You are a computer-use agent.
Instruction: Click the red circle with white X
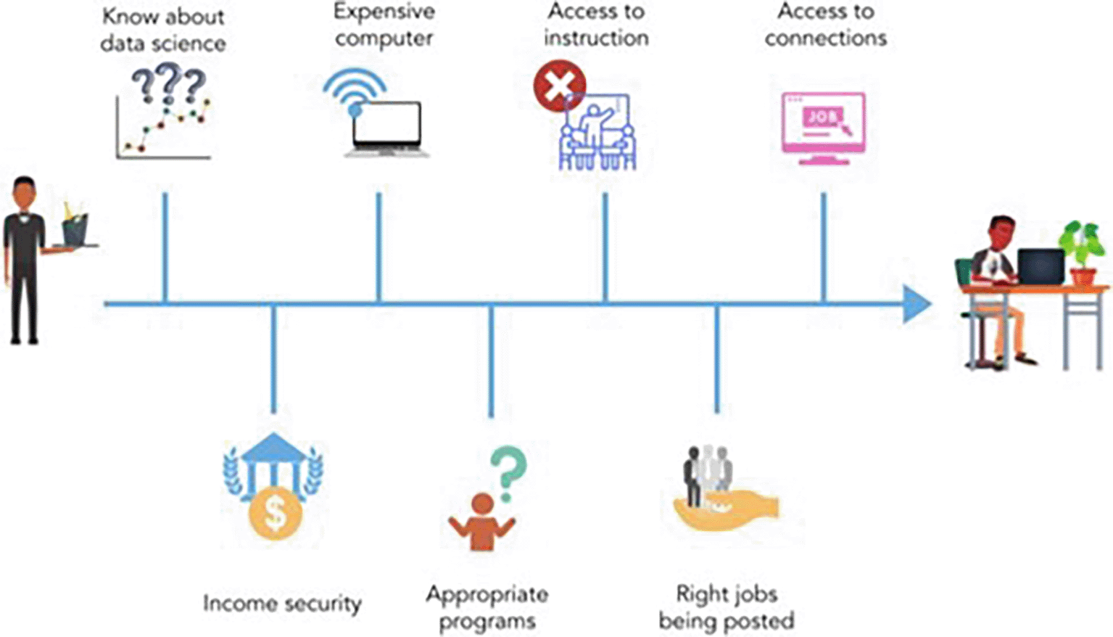(559, 86)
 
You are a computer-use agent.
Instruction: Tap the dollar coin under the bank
(275, 512)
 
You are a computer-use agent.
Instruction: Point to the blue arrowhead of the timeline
(917, 304)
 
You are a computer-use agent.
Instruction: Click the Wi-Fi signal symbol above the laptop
(355, 90)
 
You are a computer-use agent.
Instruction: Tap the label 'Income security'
(282, 604)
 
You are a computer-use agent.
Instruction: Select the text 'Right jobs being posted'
(727, 607)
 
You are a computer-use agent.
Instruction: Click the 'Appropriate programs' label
(487, 607)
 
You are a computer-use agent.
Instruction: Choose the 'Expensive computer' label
(384, 25)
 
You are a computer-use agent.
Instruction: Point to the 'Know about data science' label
(163, 30)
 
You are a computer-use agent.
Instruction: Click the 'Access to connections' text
(826, 25)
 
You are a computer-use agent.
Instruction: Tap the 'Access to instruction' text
(596, 25)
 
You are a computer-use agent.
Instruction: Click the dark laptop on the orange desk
(1040, 266)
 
